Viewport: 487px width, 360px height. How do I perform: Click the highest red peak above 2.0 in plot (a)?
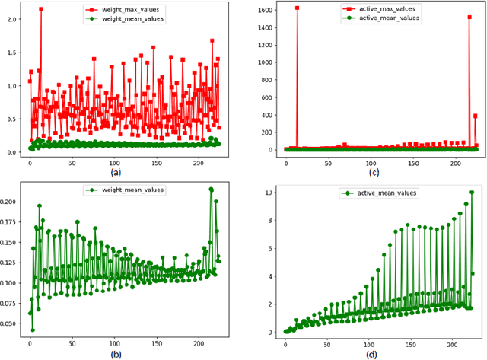(x=40, y=9)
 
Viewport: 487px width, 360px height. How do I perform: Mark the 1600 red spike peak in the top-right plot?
(x=297, y=8)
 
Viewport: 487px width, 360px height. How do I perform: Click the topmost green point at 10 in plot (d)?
(x=471, y=193)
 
